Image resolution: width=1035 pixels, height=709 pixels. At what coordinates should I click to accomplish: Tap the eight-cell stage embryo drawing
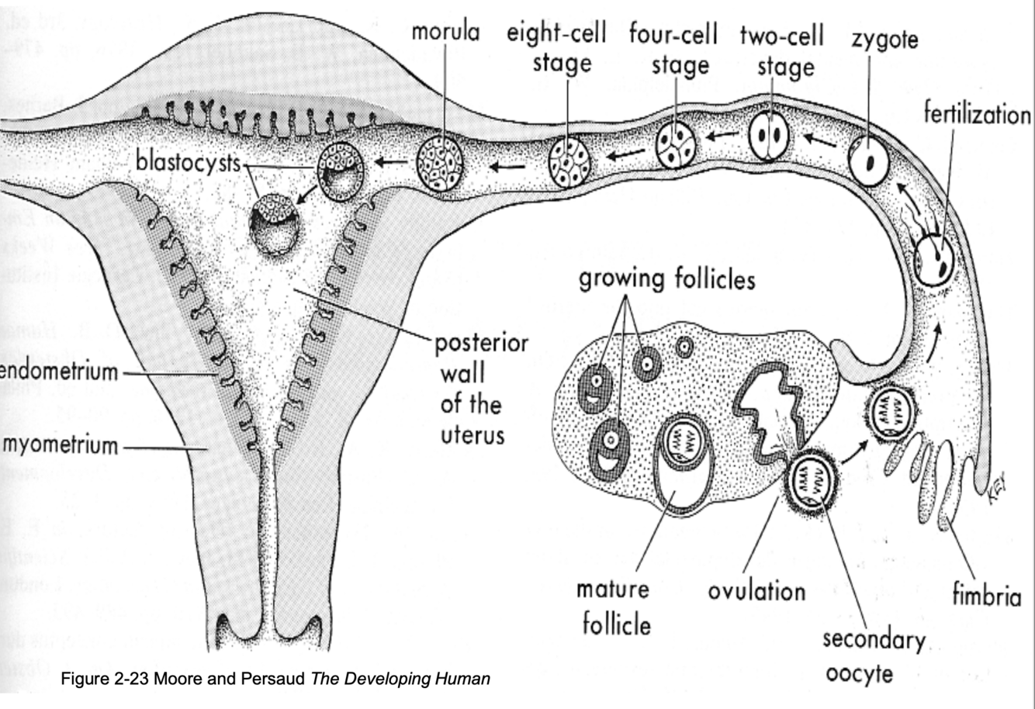tap(569, 162)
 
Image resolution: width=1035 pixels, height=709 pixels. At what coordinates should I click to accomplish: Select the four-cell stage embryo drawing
tap(676, 145)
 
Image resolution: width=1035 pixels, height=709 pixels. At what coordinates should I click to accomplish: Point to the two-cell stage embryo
tap(769, 136)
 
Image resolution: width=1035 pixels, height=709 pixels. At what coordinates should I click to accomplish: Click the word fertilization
tap(977, 115)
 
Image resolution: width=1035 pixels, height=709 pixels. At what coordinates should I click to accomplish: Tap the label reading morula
tap(445, 32)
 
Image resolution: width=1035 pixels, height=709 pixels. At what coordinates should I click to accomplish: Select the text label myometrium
tap(61, 445)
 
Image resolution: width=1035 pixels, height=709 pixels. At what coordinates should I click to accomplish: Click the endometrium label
tap(59, 372)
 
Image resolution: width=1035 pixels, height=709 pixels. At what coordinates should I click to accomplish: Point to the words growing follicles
tap(666, 278)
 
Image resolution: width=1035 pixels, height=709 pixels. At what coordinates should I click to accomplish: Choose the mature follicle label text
tap(613, 606)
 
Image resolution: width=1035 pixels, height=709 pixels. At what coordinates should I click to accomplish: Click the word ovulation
tap(756, 591)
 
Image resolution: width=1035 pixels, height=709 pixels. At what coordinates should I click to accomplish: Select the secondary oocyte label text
tap(874, 656)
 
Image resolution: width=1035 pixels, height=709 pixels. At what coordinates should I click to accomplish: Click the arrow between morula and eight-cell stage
tap(505, 165)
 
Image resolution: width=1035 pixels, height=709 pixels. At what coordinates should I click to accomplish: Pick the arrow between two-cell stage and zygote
tap(819, 140)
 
